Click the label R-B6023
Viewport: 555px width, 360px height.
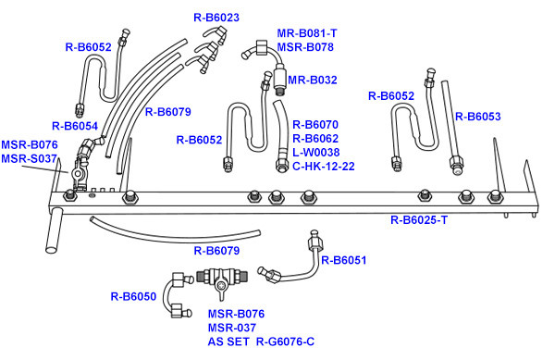click(216, 18)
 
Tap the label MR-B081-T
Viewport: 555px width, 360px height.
click(307, 33)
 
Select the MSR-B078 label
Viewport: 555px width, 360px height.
click(305, 47)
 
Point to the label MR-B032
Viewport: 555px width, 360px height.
click(313, 80)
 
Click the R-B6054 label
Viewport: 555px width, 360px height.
click(75, 126)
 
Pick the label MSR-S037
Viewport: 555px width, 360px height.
click(29, 158)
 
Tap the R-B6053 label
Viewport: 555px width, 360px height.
click(478, 117)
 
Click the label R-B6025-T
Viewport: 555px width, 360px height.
click(419, 220)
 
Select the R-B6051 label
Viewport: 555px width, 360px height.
click(344, 260)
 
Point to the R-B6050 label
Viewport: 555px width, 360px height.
click(133, 296)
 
